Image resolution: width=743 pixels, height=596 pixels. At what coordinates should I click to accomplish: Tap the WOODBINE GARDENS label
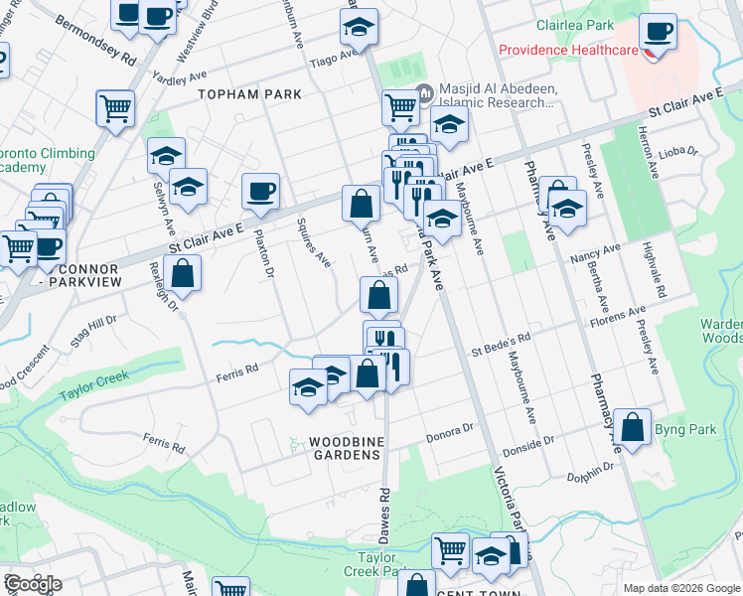tap(344, 448)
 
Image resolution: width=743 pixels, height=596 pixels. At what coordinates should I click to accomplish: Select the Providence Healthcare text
tap(567, 50)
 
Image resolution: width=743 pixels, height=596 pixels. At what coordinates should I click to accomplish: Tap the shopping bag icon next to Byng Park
tap(633, 428)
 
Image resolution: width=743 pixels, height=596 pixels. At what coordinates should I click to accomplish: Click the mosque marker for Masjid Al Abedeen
tap(425, 94)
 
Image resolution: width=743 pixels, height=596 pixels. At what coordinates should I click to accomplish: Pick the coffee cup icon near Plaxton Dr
tap(261, 192)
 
